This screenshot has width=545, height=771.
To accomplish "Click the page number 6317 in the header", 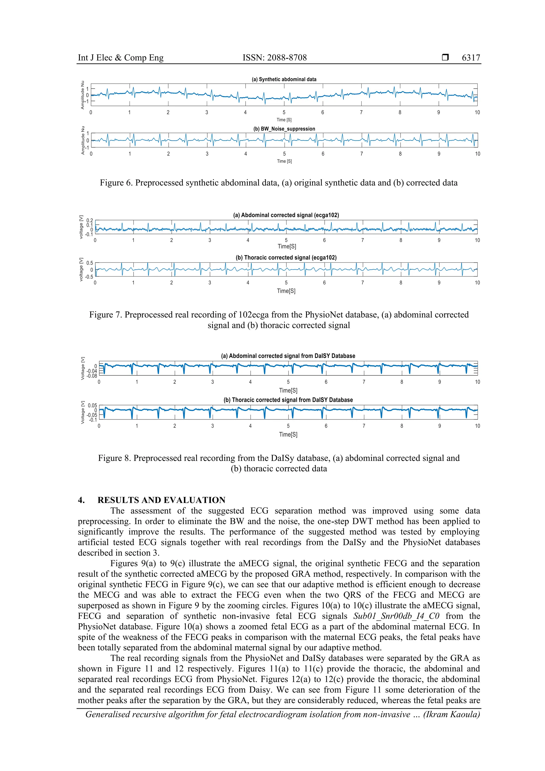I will point(470,58).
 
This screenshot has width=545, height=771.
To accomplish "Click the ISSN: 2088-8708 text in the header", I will point(274,58).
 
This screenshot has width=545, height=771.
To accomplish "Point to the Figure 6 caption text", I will point(278,183).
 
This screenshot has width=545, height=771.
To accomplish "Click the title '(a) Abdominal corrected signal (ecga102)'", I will point(286,215).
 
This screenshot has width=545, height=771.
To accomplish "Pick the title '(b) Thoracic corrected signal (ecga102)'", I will point(286,258).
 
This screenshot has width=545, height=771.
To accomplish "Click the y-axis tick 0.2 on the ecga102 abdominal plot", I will point(89,221).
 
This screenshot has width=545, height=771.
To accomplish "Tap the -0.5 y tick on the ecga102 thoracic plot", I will point(89,277).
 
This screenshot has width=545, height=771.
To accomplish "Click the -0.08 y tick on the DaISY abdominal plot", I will point(91,376).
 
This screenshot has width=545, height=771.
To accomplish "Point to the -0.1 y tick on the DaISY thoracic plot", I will point(92,420).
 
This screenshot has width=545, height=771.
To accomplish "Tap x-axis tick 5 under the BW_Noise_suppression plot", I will point(284,154).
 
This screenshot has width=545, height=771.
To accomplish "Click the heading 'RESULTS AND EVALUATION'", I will point(161,500).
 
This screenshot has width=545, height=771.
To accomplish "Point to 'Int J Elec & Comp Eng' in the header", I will point(121,58).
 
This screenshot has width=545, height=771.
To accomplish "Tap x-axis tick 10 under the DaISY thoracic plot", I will point(477,426).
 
